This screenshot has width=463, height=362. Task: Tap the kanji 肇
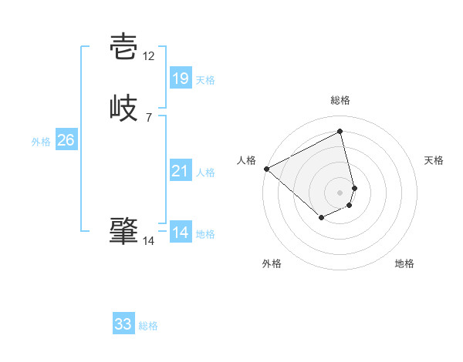click(124, 231)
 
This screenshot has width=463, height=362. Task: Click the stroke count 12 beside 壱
click(149, 56)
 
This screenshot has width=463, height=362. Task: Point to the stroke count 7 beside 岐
click(149, 117)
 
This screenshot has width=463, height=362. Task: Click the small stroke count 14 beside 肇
click(149, 241)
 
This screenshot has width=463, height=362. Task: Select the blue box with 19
click(180, 78)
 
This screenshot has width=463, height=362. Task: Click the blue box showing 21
click(180, 171)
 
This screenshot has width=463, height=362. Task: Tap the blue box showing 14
click(180, 233)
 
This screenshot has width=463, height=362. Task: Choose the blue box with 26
click(66, 140)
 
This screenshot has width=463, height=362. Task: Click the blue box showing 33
click(123, 324)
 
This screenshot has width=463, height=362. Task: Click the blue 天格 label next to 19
click(205, 79)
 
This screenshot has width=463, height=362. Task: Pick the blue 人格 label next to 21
click(205, 173)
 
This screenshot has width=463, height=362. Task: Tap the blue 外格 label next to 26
click(41, 142)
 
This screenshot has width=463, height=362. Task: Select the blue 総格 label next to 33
click(148, 326)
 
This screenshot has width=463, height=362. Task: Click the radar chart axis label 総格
click(340, 100)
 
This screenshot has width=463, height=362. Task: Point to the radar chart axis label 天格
click(434, 160)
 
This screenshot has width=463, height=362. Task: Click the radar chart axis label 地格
click(404, 263)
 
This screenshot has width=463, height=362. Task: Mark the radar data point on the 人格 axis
click(266, 168)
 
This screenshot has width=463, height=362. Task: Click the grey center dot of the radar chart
click(340, 192)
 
